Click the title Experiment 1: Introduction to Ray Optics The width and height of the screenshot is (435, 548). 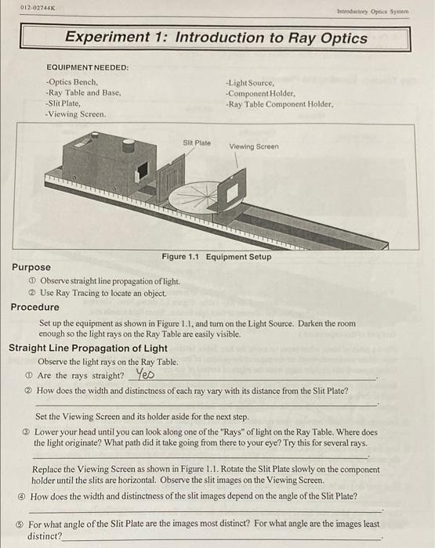[x=216, y=37]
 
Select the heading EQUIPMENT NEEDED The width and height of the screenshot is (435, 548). [x=87, y=67]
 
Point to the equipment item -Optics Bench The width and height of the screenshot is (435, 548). [x=71, y=81]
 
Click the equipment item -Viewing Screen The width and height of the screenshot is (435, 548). [x=75, y=114]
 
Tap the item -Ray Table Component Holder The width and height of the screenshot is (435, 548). [x=279, y=103]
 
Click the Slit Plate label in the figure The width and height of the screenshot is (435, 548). [x=197, y=142]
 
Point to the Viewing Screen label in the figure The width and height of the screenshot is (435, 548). [x=254, y=146]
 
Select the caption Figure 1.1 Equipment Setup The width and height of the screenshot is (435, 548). [x=216, y=257]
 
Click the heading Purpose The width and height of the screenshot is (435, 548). [x=31, y=267]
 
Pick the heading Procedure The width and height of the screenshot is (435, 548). [x=34, y=307]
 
